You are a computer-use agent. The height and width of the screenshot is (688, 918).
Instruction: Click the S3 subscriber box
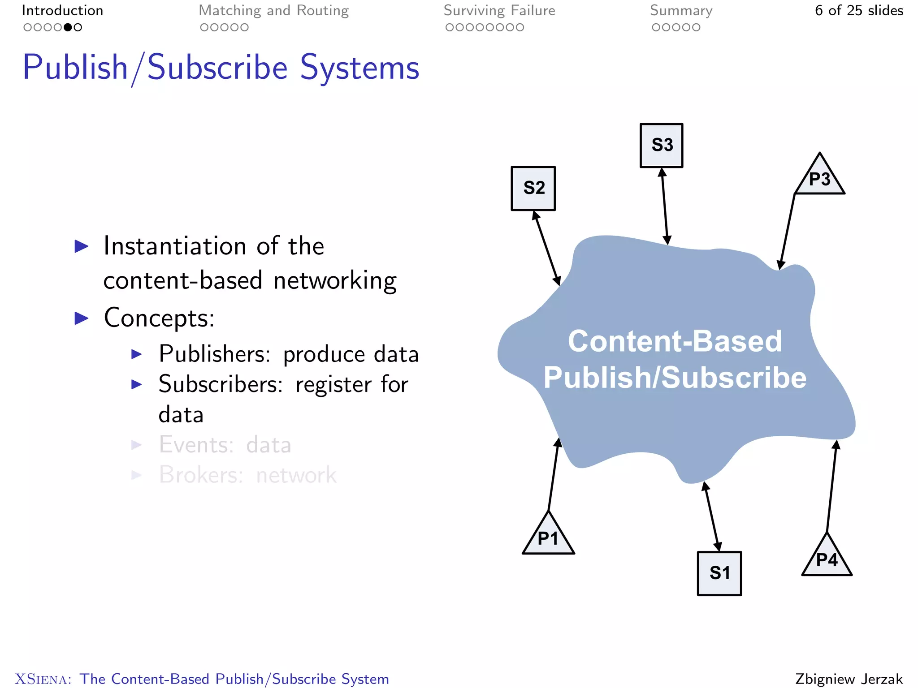point(661,146)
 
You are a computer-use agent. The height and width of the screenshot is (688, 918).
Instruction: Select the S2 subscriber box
point(533,188)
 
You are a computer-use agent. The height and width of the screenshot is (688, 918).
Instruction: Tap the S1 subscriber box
point(719,573)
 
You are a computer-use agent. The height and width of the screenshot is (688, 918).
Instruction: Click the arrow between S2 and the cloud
point(546,249)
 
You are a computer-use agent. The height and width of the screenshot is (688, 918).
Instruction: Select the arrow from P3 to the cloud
point(788,231)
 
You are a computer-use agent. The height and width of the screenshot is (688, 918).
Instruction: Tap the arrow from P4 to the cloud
point(831,486)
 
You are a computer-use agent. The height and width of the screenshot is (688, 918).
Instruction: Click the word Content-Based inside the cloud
point(675,341)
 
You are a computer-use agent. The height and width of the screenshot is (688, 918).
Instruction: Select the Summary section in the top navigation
point(681,11)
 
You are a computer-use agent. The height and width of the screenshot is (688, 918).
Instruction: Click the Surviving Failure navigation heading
point(499,11)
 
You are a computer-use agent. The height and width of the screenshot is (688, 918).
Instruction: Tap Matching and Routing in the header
point(273,11)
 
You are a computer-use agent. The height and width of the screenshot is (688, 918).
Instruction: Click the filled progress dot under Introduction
point(68,27)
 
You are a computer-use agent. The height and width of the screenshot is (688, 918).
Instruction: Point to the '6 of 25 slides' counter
point(859,11)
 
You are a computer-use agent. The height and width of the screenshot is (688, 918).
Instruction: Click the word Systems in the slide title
point(359,68)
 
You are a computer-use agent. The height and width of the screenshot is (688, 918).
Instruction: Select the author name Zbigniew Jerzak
point(849,679)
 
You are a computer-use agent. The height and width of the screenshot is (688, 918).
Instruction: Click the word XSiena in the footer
point(43,679)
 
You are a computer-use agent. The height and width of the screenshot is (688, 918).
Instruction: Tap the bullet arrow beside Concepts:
point(82,318)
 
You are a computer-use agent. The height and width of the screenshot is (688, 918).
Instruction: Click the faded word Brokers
point(201,475)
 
